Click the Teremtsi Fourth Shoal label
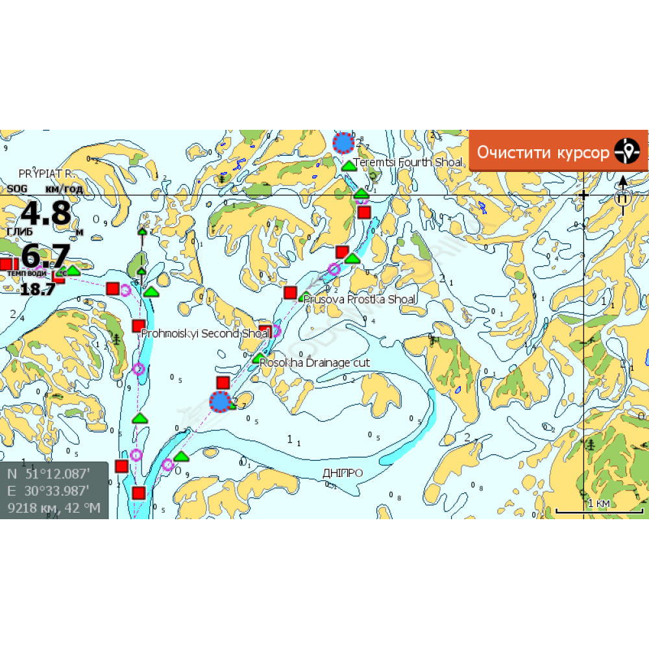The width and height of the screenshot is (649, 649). (x=408, y=162)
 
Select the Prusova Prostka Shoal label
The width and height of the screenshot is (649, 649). (x=360, y=299)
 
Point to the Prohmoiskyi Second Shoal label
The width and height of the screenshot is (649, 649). (x=205, y=334)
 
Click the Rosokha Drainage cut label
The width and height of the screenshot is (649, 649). (x=315, y=362)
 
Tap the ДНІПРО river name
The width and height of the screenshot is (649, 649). (x=343, y=473)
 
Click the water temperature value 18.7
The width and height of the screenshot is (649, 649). (x=38, y=289)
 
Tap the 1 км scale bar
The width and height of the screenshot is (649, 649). (x=598, y=508)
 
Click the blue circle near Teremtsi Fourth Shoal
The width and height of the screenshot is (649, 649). (x=343, y=143)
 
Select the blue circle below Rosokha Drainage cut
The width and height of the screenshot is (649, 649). (x=221, y=402)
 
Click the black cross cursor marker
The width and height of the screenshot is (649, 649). (x=583, y=195)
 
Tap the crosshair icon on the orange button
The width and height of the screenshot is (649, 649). (x=627, y=153)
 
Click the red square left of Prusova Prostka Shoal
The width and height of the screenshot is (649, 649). (x=290, y=293)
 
